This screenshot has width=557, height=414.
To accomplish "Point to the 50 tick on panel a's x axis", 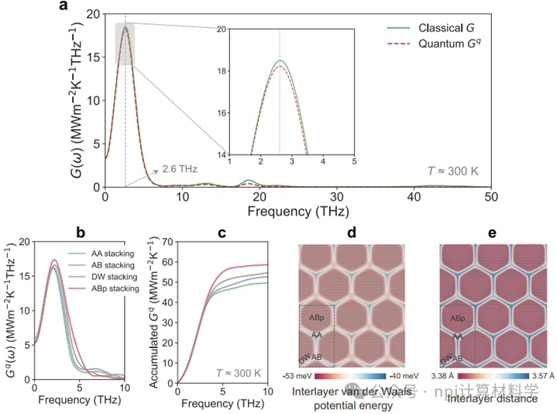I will (x=490, y=198).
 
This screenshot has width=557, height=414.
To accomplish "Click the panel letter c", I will (x=221, y=232).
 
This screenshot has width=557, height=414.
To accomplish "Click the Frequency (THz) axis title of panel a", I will (x=297, y=212).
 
